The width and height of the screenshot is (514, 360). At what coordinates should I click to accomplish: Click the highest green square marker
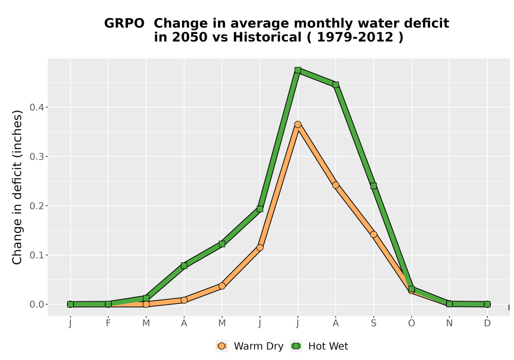298,70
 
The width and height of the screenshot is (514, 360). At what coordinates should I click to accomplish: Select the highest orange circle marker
298,124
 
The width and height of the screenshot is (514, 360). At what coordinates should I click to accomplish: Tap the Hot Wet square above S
373,186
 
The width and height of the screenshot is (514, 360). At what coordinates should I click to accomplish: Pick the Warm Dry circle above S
373,235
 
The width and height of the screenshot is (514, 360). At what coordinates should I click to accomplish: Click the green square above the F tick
108,304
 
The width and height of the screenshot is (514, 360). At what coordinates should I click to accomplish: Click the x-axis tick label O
411,323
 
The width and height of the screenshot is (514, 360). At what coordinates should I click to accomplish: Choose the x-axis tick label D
487,323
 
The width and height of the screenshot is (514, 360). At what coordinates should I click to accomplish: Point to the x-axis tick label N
449,323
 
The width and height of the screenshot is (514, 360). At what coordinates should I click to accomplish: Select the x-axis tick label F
108,323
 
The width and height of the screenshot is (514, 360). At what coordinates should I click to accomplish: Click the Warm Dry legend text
259,346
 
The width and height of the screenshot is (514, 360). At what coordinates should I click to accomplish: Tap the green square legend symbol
297,346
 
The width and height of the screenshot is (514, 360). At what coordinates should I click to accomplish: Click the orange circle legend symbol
222,346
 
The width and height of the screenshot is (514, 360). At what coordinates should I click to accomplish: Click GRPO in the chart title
124,24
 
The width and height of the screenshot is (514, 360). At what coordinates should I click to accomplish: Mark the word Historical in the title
267,37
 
